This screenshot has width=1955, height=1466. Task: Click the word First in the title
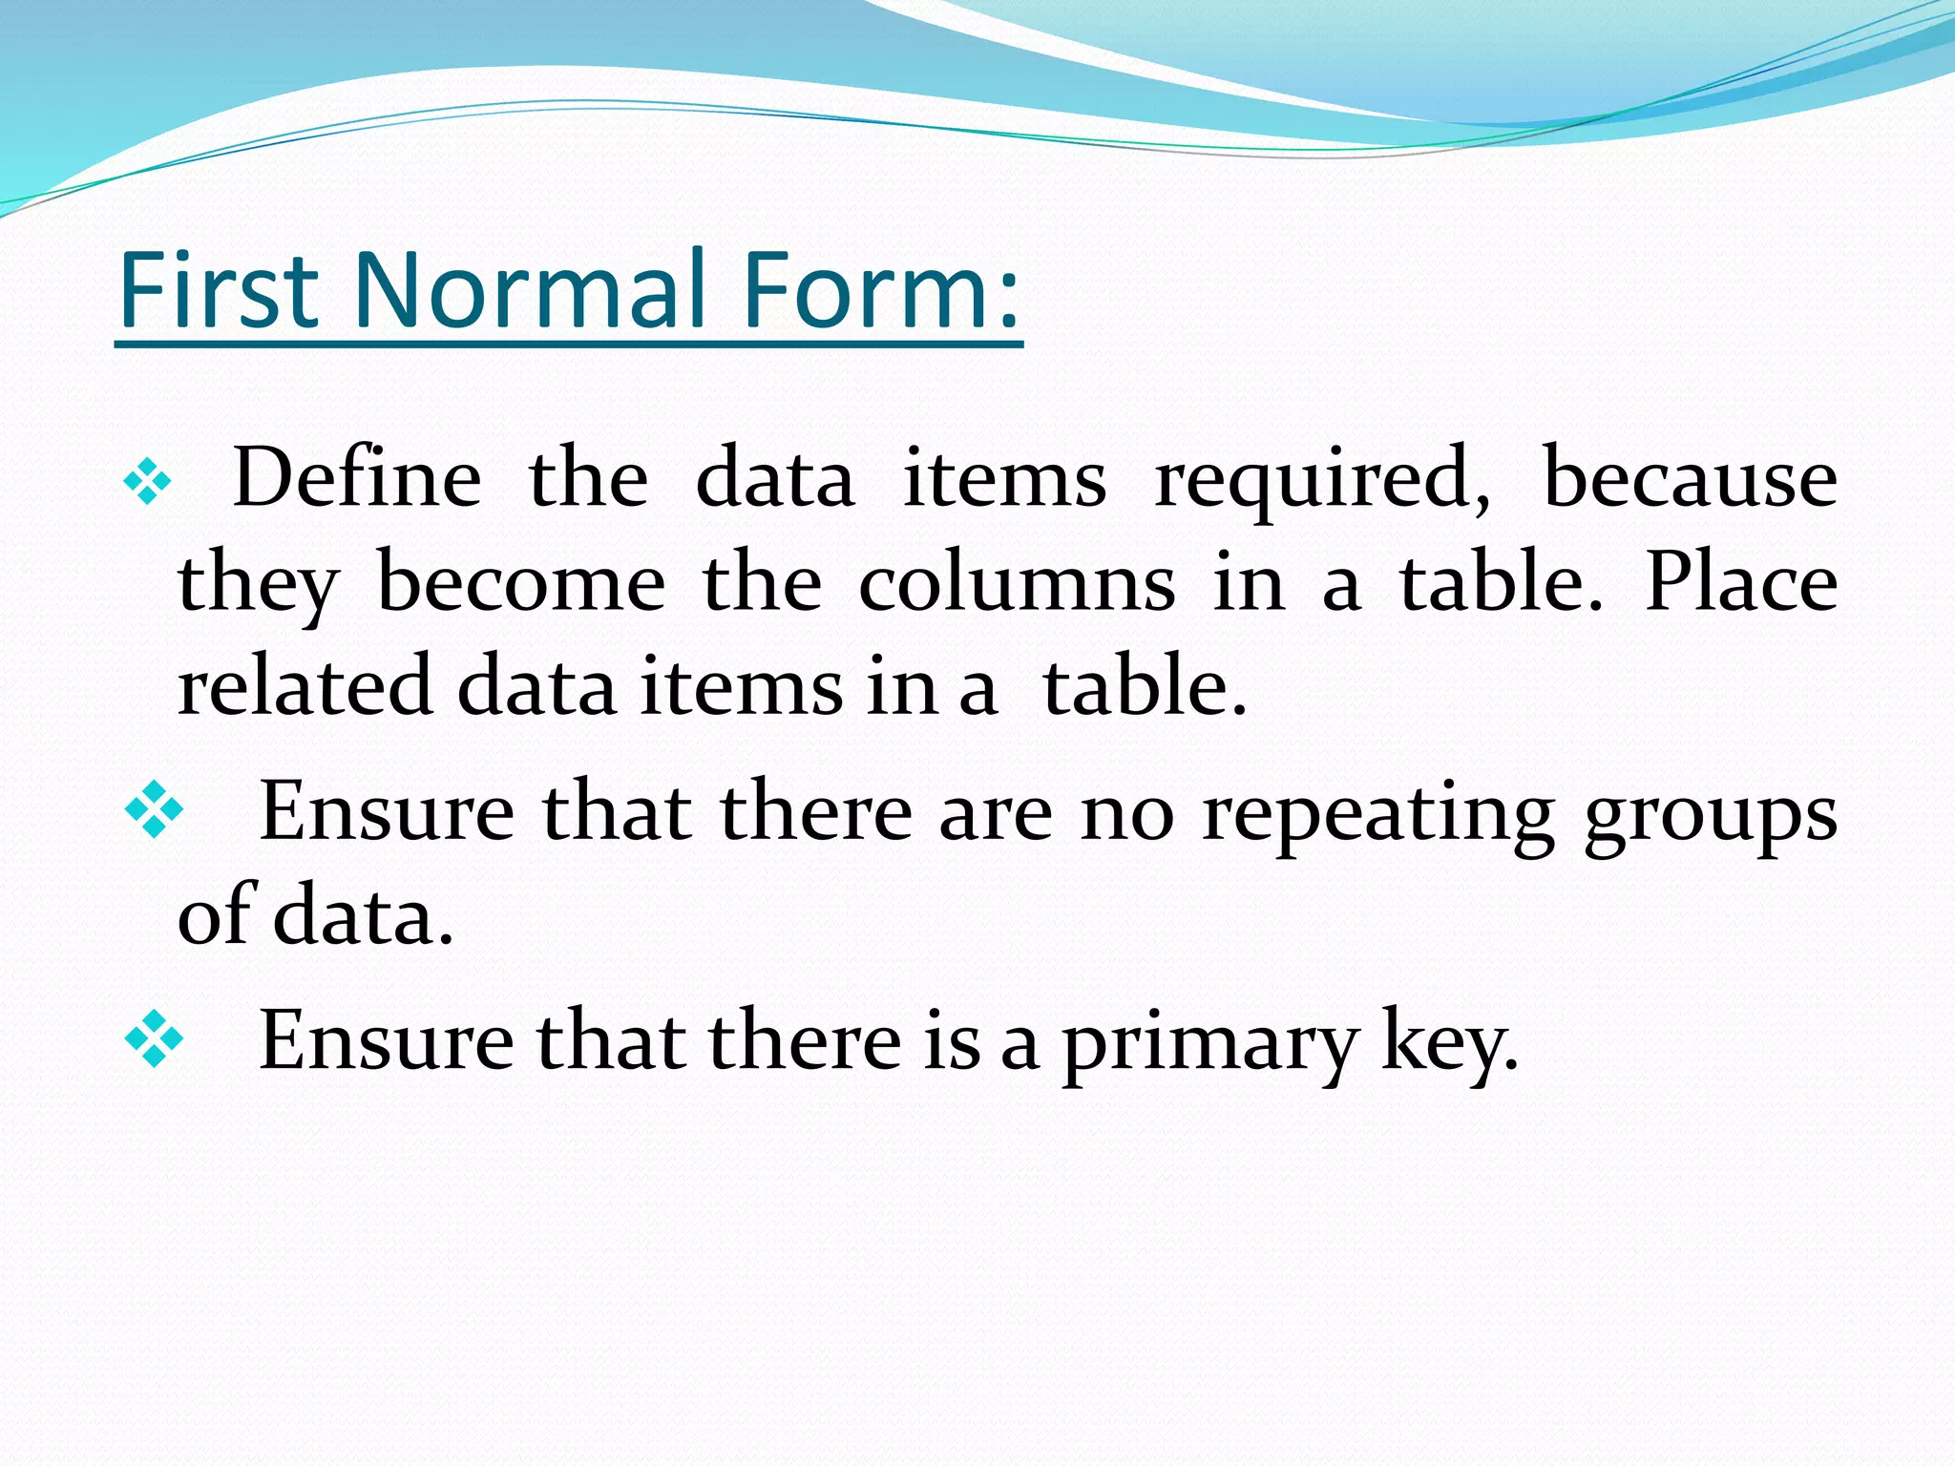coord(219,290)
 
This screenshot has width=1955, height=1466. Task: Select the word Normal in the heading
coord(530,290)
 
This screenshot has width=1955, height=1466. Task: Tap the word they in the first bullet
coord(258,584)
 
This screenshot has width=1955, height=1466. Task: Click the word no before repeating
coord(1126,816)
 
